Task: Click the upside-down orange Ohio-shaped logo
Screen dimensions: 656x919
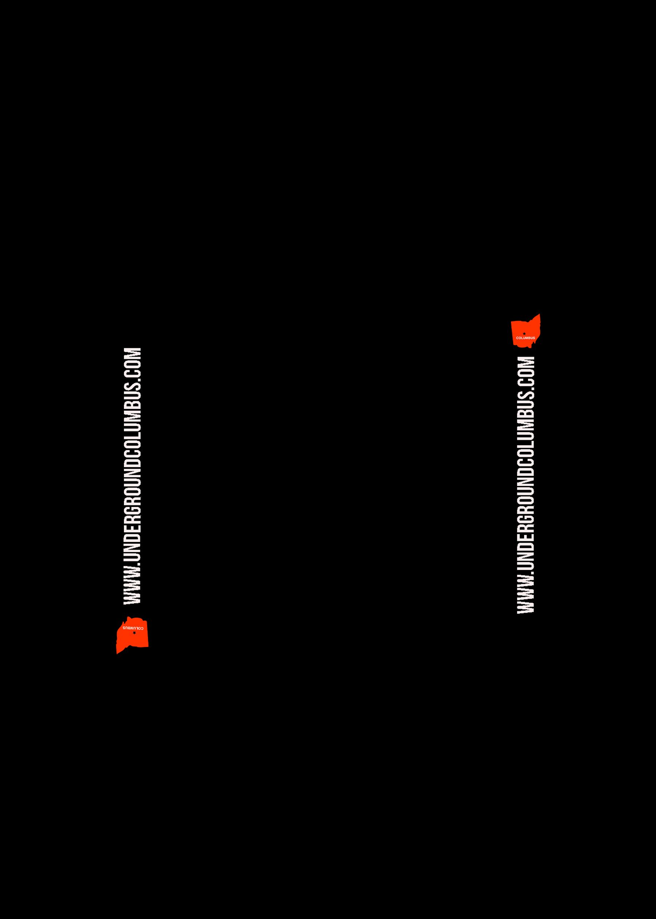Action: pos(132,635)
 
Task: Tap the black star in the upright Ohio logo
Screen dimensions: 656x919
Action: pos(524,333)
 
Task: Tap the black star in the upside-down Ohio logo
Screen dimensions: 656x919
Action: pos(134,633)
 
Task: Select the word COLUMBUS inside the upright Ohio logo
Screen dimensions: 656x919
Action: pos(526,338)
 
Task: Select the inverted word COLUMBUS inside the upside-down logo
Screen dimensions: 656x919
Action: pos(133,628)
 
